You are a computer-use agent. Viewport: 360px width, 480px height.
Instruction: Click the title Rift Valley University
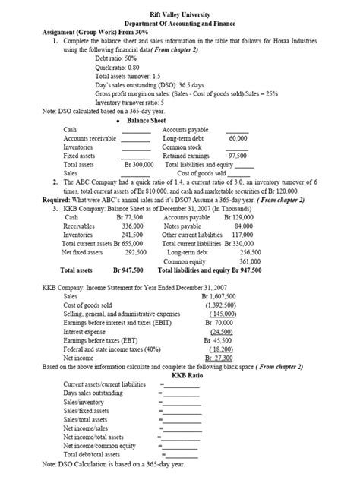[180, 7]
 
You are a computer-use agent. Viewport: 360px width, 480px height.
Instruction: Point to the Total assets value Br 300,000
[139, 163]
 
